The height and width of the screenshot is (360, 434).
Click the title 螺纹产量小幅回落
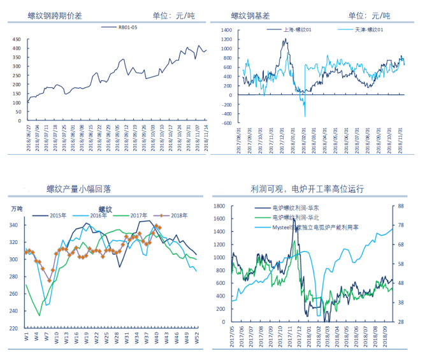(x=79, y=189)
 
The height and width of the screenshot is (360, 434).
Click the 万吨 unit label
(x=17, y=208)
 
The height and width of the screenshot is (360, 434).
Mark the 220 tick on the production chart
(x=15, y=328)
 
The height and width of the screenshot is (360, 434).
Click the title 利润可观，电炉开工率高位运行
(x=308, y=189)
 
